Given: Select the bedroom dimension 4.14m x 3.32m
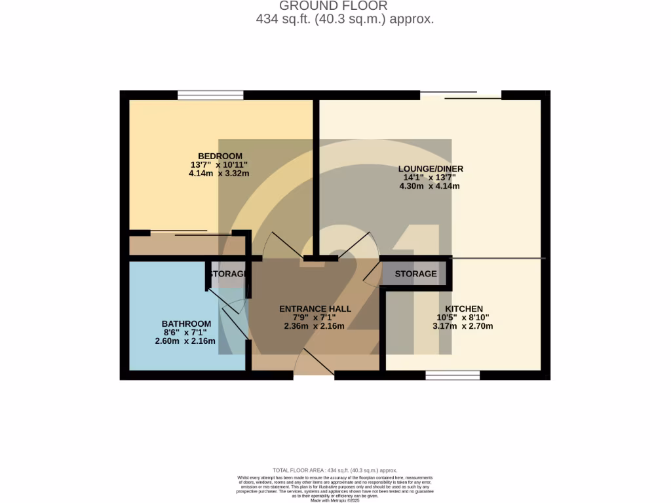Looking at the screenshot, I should [x=220, y=174].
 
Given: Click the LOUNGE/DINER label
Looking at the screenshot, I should [x=431, y=168].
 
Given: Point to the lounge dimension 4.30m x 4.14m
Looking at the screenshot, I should [x=430, y=186].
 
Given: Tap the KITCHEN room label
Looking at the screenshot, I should [x=464, y=308].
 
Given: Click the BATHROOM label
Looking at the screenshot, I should [x=187, y=324].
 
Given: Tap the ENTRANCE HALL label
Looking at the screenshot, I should [x=315, y=308].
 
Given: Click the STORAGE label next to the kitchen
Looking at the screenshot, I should [x=415, y=273].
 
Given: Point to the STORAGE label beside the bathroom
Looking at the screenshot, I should [x=227, y=273].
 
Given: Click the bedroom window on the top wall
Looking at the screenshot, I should [x=210, y=96].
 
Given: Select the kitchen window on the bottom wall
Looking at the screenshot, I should [x=452, y=375].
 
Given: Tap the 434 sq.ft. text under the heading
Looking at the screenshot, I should [x=345, y=19].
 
